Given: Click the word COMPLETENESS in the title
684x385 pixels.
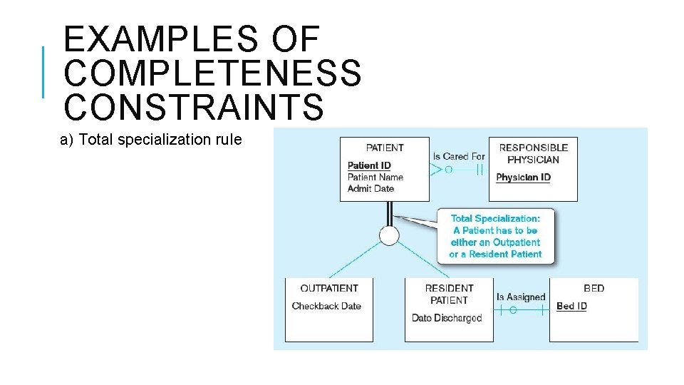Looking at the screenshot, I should (212, 72).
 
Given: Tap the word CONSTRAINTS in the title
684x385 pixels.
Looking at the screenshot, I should (193, 106).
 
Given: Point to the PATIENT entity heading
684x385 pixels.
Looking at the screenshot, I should (385, 148).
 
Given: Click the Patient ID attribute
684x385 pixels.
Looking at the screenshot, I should (369, 165).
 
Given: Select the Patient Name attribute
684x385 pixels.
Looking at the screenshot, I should (375, 177).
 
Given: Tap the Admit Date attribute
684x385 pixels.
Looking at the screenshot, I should (370, 188).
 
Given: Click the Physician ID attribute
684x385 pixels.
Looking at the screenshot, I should (523, 177).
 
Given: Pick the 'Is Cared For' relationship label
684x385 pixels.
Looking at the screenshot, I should (459, 156).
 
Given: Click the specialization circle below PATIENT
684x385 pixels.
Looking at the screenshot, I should (389, 236).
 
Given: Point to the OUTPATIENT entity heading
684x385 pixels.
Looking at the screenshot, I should (329, 288).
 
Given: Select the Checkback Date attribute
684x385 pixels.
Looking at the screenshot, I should (326, 306).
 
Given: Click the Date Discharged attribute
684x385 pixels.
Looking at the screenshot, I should (447, 318).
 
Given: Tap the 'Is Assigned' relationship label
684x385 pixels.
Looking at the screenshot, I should (521, 297).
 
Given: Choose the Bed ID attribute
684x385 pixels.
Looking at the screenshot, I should (571, 306).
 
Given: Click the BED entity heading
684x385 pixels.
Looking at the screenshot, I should (594, 288).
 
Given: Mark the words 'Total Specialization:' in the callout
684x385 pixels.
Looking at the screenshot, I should (495, 219).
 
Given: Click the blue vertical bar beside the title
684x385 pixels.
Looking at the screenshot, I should (43, 71).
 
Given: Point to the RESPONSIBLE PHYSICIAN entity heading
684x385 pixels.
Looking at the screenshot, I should (533, 153).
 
